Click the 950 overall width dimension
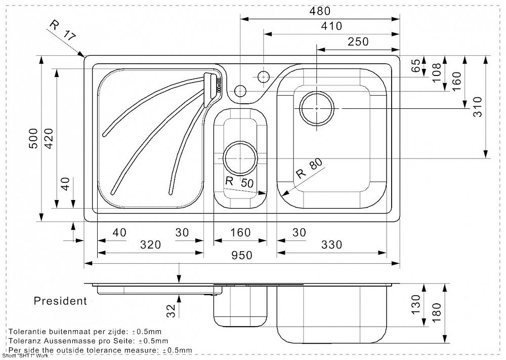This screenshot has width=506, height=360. point(242,256)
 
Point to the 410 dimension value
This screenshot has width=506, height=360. point(331,26)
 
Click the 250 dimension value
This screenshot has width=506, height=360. point(358,42)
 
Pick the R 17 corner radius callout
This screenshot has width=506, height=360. point(63,30)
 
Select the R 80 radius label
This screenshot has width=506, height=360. point(309,169)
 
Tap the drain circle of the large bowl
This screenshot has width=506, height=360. point(317,108)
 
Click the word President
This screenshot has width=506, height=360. point(60,301)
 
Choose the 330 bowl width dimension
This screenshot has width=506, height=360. point(331,245)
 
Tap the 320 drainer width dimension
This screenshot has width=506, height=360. point(150,245)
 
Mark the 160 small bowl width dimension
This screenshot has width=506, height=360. point(240,232)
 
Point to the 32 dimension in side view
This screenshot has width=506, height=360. point(171,308)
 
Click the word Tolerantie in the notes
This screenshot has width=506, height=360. point(30,331)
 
